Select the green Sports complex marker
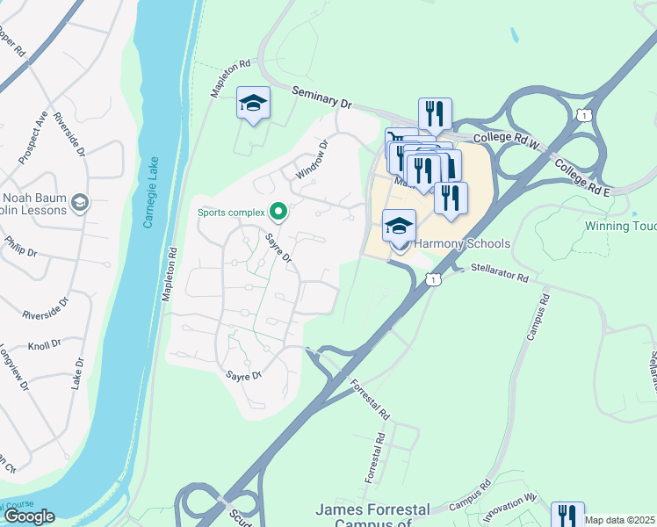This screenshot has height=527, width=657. (x=279, y=211)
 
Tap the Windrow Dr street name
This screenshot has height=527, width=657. (x=311, y=161)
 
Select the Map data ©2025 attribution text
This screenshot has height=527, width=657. (x=620, y=520)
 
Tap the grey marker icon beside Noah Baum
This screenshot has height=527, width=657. (x=79, y=203)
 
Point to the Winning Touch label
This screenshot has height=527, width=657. (x=620, y=226)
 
